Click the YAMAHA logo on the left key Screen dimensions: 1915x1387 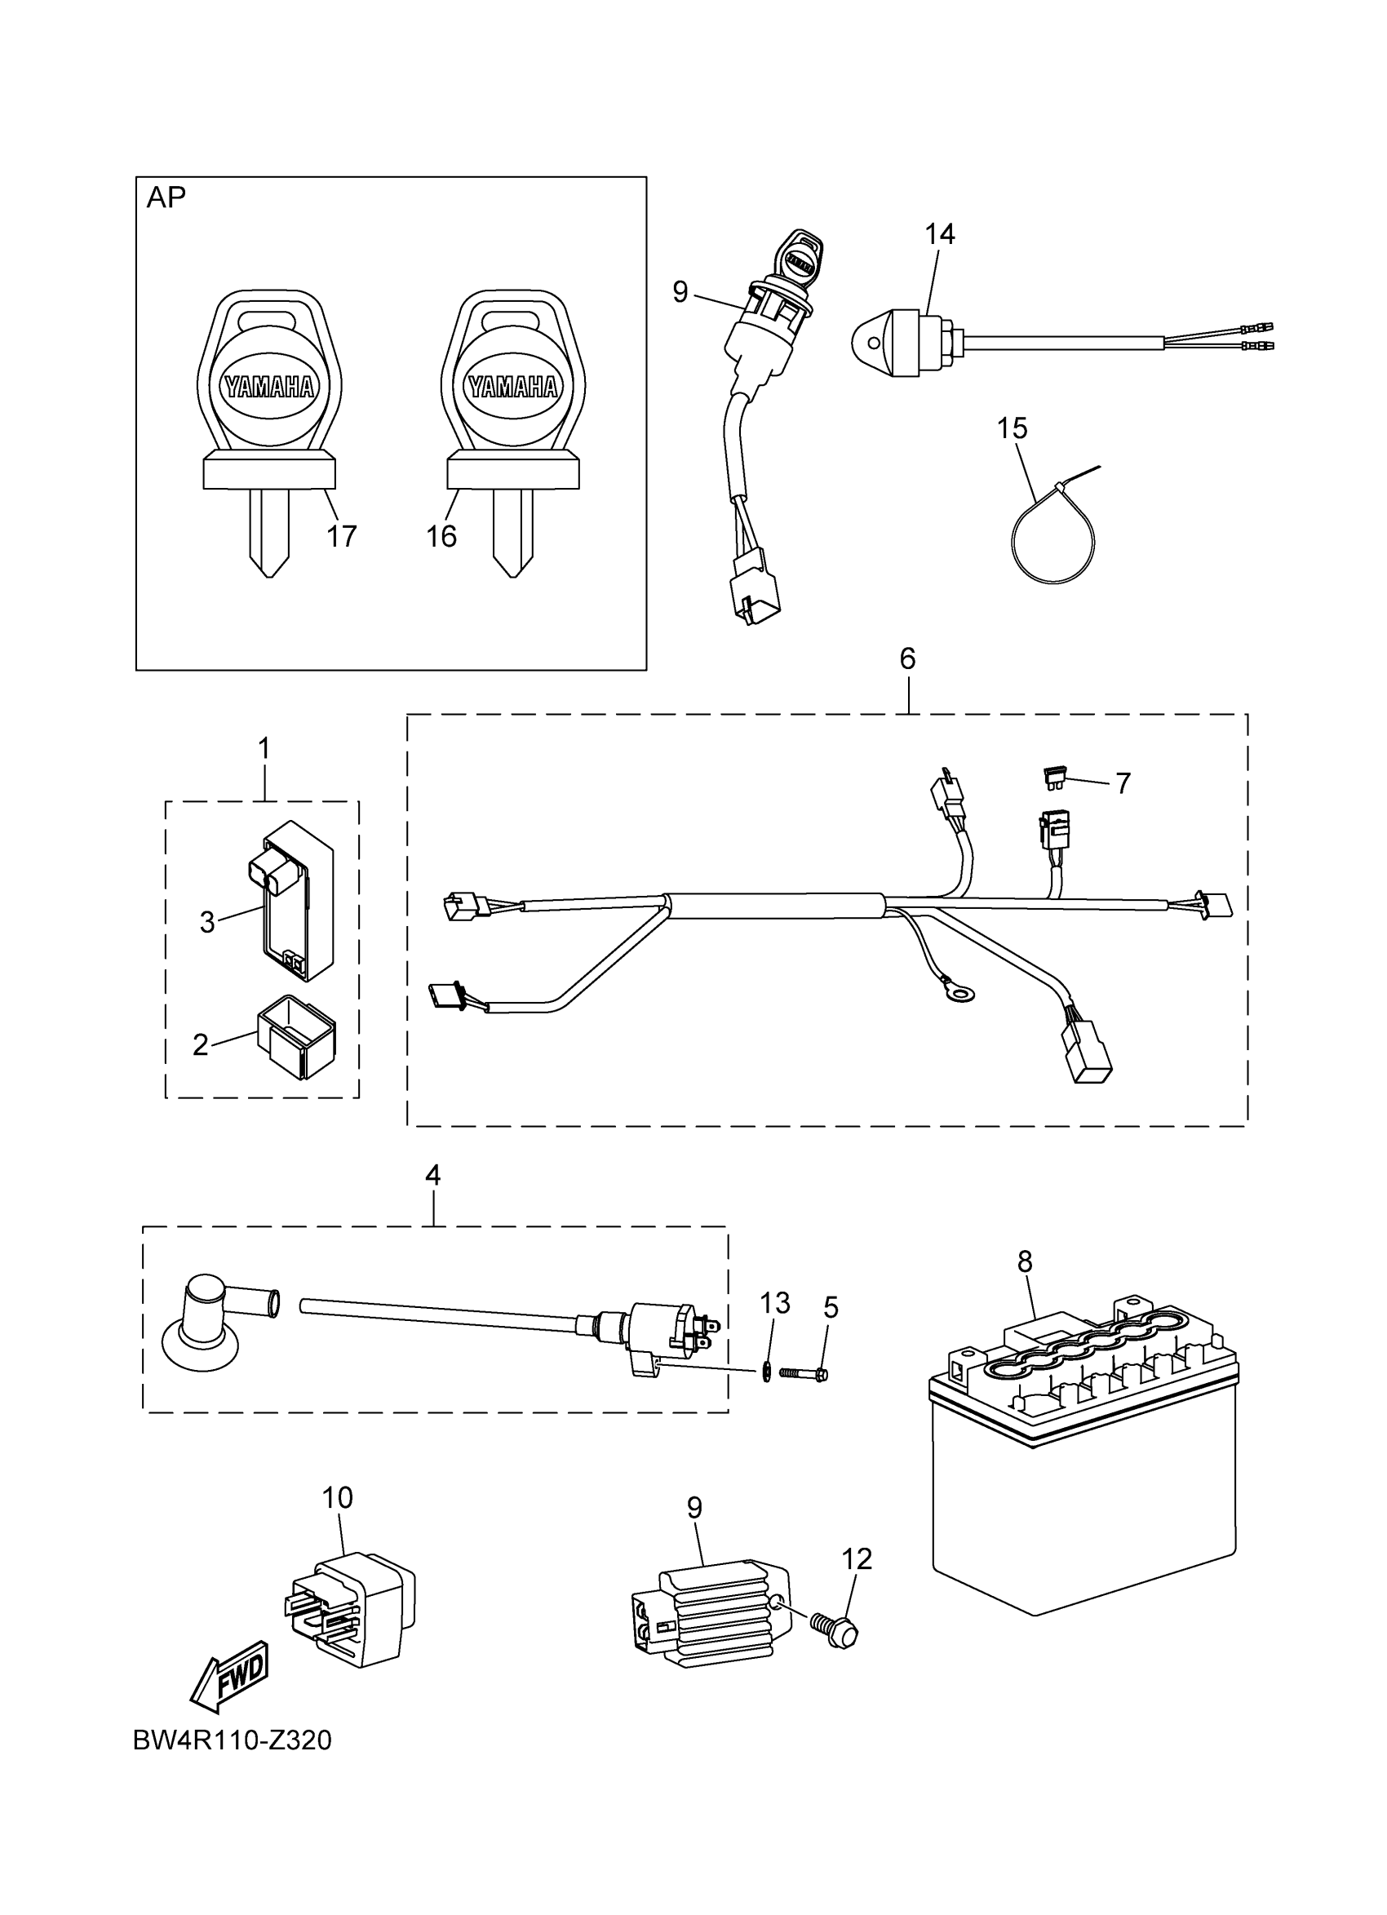(269, 387)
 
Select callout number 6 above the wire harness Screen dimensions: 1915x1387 (907, 658)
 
